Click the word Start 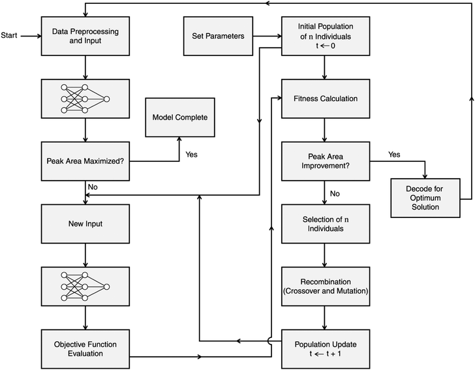(x=10, y=36)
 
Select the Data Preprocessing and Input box (x=85, y=36)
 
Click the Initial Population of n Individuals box (x=324, y=36)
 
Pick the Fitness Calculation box (x=324, y=99)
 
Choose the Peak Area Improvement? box (x=324, y=161)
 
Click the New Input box (x=85, y=224)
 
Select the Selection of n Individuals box (x=324, y=224)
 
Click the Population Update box (x=324, y=348)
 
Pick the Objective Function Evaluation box (x=85, y=348)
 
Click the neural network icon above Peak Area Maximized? (x=85, y=99)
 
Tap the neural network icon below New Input (x=85, y=286)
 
